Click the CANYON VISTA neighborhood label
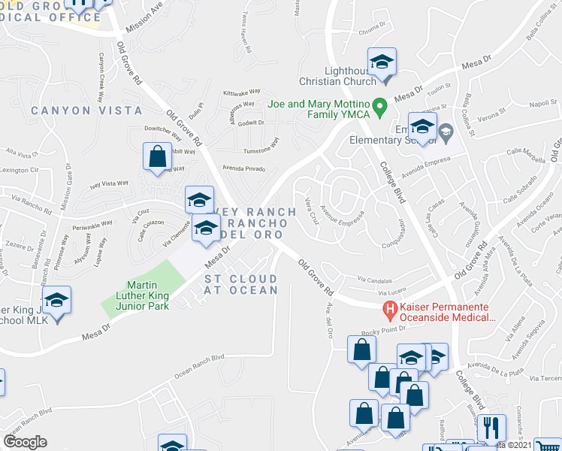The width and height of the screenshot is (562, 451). (86, 110)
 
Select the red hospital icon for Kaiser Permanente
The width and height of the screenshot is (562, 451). (390, 308)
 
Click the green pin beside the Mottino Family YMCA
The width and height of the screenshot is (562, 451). (380, 106)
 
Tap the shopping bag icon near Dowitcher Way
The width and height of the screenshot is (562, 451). (157, 157)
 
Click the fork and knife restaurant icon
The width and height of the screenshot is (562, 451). (491, 428)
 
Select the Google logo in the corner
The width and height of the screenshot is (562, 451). (26, 441)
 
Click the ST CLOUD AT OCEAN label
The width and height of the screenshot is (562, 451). (241, 284)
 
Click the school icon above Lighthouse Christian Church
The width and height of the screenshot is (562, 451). (382, 62)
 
